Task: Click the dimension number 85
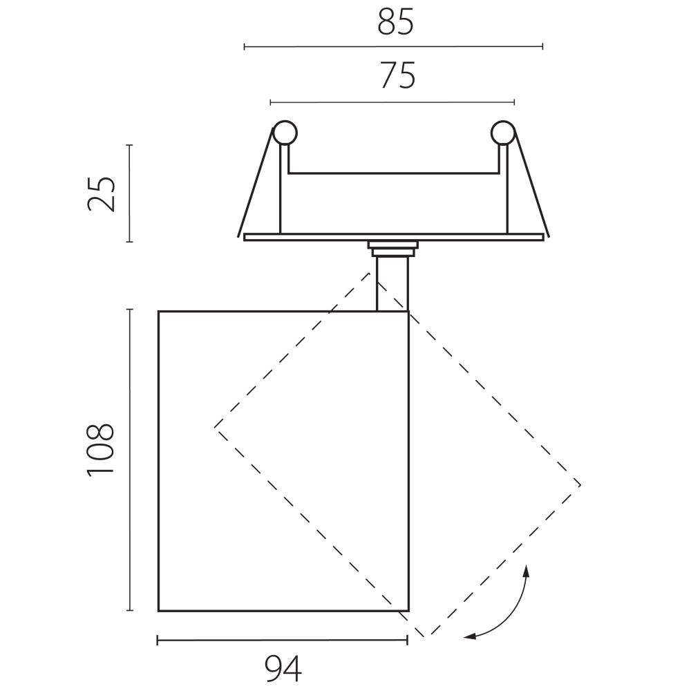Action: [395, 23]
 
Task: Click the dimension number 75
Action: [398, 76]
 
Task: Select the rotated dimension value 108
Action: [100, 448]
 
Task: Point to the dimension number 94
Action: [283, 669]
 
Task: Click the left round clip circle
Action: [284, 133]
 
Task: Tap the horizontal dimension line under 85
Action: [394, 47]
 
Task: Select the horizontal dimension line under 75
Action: [392, 103]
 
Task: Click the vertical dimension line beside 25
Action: [129, 193]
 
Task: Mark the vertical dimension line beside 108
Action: [129, 460]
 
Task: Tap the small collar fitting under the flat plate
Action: [392, 248]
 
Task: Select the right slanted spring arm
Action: [531, 184]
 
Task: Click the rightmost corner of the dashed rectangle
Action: [580, 485]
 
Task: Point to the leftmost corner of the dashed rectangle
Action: [215, 426]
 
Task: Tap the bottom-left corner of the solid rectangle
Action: [159, 611]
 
